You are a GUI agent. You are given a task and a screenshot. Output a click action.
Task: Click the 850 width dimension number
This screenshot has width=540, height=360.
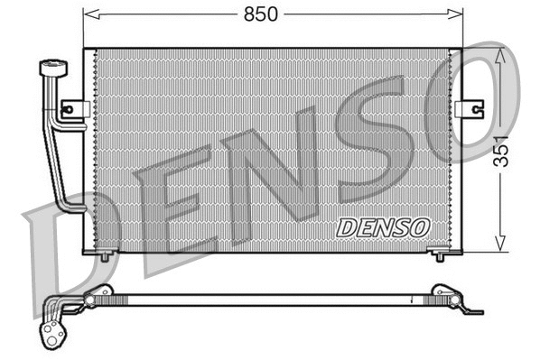[x=262, y=14]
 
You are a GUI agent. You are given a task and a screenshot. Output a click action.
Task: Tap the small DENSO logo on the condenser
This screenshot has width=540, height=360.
[x=382, y=227]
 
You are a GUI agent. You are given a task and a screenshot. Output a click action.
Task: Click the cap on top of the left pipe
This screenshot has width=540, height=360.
[x=52, y=69]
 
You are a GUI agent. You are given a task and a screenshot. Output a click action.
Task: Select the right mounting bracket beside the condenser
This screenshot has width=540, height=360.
[x=470, y=109]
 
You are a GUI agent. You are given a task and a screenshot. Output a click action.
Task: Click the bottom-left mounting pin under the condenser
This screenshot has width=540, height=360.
[x=104, y=256]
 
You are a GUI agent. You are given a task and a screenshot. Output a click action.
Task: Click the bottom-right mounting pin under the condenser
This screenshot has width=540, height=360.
[x=440, y=256]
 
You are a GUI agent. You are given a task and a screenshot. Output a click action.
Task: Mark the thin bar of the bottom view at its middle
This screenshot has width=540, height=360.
[x=271, y=300]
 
